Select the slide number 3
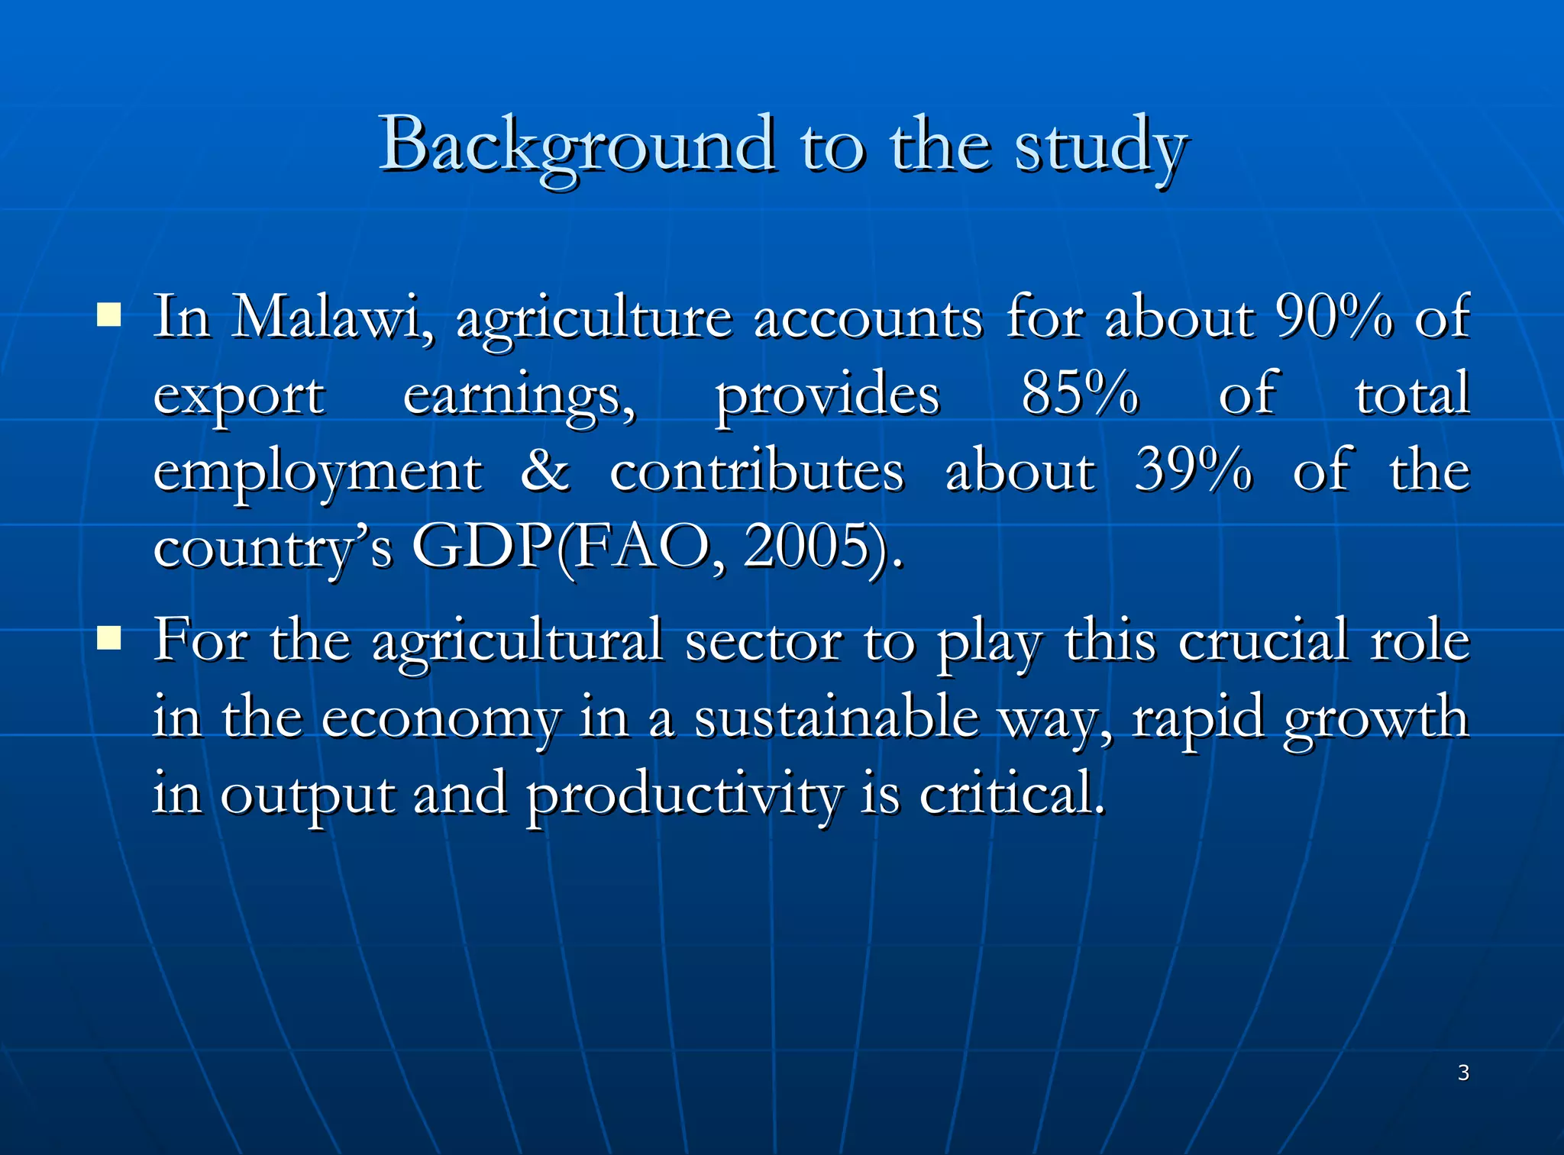pos(1463,1073)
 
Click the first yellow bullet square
pos(109,314)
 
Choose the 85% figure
pos(1080,393)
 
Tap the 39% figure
pos(1193,469)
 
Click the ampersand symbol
pos(545,470)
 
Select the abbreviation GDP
pos(483,547)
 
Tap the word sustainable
pos(835,718)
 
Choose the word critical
pos(1011,794)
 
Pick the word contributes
pos(757,471)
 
